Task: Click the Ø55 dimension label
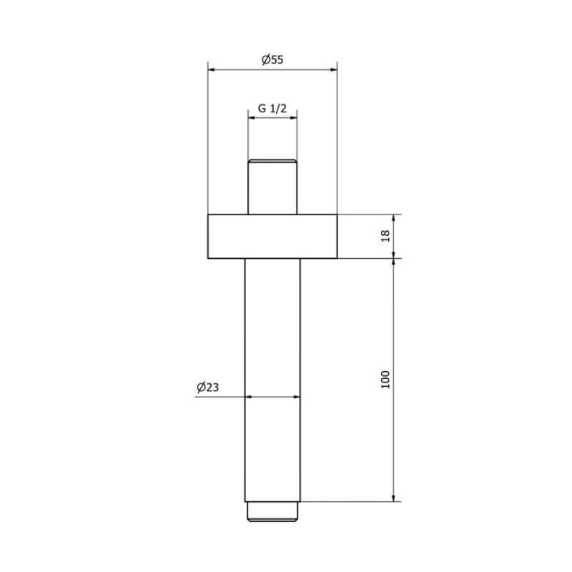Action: (272, 59)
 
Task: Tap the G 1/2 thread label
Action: (272, 109)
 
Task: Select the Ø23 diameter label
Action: (208, 387)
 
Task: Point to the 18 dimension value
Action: (385, 236)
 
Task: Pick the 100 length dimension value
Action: (385, 380)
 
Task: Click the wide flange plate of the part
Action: (272, 237)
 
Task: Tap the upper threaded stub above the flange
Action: (272, 187)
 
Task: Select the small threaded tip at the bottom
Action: (272, 511)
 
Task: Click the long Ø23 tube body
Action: (272, 380)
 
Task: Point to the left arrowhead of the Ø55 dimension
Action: (212, 69)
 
